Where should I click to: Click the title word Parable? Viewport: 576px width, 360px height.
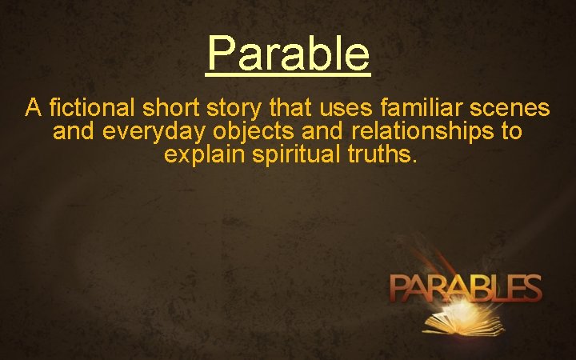288,53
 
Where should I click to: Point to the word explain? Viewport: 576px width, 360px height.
205,154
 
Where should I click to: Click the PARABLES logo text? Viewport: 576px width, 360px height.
466,287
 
